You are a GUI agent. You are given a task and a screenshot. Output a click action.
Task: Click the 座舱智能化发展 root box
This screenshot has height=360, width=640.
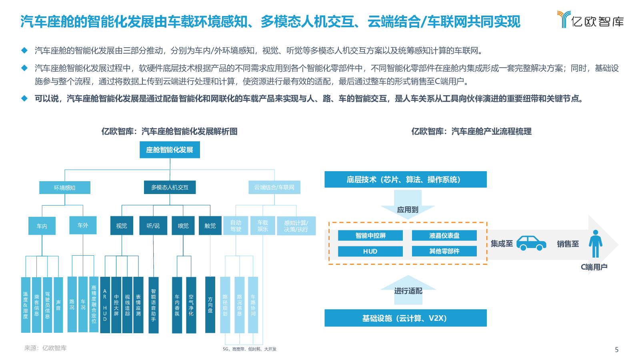pyautogui.click(x=170, y=150)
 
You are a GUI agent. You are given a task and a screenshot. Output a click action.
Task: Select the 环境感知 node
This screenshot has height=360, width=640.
pyautogui.click(x=65, y=188)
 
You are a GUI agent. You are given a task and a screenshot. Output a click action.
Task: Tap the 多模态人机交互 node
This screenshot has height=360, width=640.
pyautogui.click(x=170, y=188)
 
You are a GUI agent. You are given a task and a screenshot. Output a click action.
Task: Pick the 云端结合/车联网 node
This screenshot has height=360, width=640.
pyautogui.click(x=274, y=188)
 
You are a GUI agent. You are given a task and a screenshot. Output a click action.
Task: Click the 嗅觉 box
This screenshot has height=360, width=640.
pyautogui.click(x=183, y=226)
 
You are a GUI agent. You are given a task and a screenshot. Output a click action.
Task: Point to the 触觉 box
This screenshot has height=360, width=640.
pyautogui.click(x=210, y=226)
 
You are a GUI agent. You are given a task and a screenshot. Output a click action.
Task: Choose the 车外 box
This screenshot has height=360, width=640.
pyautogui.click(x=83, y=225)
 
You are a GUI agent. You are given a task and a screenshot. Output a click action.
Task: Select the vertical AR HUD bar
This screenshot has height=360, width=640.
pyautogui.click(x=105, y=305)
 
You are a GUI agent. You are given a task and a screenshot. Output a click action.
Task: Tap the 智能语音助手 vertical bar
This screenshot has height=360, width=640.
pyautogui.click(x=154, y=305)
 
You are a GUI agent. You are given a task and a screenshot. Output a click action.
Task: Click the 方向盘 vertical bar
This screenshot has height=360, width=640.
pyautogui.click(x=210, y=304)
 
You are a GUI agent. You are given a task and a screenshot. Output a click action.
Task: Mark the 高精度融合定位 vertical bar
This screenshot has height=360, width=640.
pyautogui.click(x=94, y=304)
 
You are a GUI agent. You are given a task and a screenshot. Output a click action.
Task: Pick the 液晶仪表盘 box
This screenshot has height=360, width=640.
pyautogui.click(x=444, y=236)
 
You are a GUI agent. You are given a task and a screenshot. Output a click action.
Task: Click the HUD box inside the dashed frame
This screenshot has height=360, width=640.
pyautogui.click(x=370, y=252)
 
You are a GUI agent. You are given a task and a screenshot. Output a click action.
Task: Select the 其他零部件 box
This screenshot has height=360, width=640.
pyautogui.click(x=444, y=251)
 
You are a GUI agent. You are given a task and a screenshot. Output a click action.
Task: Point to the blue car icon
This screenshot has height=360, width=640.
pyautogui.click(x=531, y=243)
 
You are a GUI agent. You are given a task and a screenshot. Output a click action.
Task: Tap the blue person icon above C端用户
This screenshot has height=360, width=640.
pyautogui.click(x=596, y=244)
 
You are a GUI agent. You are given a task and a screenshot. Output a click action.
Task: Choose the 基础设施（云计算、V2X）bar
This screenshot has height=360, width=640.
pyautogui.click(x=406, y=318)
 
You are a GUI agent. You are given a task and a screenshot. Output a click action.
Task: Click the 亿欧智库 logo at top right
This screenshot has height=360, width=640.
pyautogui.click(x=590, y=20)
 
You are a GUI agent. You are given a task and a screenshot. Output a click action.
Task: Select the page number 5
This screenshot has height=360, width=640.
pyautogui.click(x=616, y=350)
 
